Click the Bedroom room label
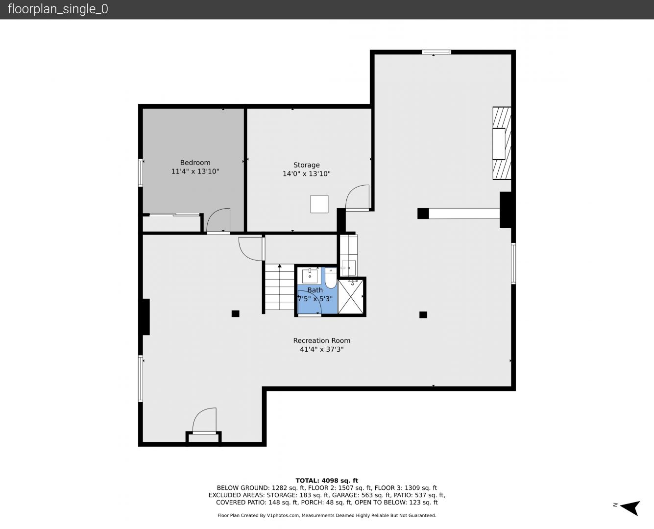click(195, 163)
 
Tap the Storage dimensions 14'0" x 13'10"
click(307, 174)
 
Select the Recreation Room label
click(321, 340)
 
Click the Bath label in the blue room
click(315, 290)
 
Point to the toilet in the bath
click(331, 278)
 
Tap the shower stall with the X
click(350, 296)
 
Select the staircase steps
click(279, 287)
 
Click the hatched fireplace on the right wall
click(502, 143)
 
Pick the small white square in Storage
click(319, 204)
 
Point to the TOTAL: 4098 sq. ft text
click(327, 481)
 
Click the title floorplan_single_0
click(58, 9)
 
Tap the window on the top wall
click(436, 52)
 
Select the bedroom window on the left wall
click(141, 172)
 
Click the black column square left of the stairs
click(236, 313)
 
